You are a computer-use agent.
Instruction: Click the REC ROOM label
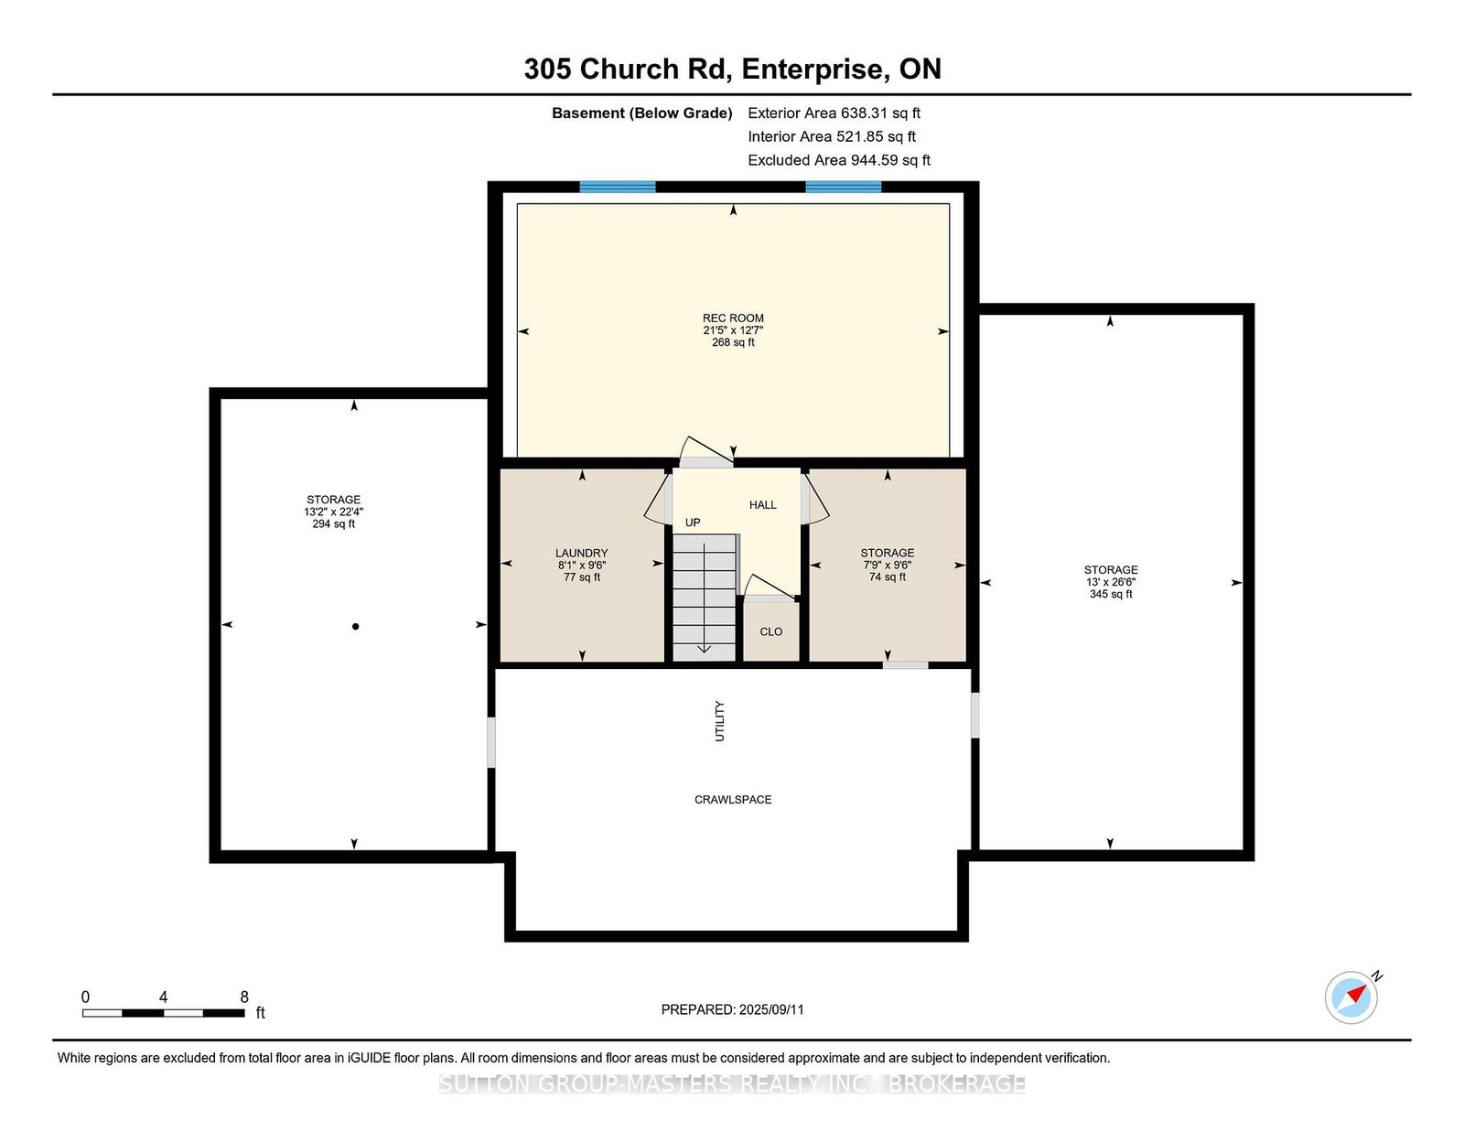(x=733, y=318)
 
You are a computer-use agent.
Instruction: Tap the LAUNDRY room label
(x=581, y=554)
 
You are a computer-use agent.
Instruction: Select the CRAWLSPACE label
(x=733, y=800)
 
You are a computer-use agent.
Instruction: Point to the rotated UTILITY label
(x=719, y=721)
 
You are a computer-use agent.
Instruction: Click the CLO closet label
(x=770, y=632)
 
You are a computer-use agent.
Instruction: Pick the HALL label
(x=763, y=504)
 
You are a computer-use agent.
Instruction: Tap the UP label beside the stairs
(x=693, y=523)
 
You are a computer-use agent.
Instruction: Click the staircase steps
(x=704, y=598)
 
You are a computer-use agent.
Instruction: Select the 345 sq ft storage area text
(x=1111, y=594)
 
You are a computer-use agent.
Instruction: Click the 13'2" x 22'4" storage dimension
(x=333, y=512)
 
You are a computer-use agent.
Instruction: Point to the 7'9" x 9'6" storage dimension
(x=888, y=566)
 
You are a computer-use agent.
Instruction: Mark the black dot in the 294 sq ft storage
(x=356, y=627)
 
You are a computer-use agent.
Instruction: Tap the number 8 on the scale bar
(x=244, y=997)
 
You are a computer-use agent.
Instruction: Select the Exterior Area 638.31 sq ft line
(x=834, y=113)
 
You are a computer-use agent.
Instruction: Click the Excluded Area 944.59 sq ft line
(x=839, y=160)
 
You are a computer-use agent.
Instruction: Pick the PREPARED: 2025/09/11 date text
(x=732, y=1009)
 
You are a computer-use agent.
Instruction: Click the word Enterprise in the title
(x=813, y=70)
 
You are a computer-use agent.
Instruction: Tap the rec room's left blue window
(x=618, y=187)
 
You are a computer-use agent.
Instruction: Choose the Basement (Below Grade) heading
(x=642, y=113)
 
